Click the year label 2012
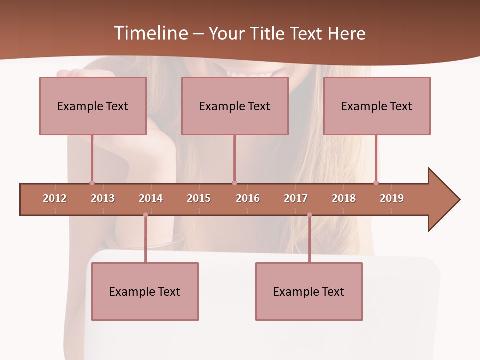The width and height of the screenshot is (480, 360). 55,198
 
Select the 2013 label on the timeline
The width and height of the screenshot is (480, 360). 103,198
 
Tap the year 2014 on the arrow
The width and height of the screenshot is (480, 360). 151,198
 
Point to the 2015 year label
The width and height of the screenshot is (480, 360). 199,198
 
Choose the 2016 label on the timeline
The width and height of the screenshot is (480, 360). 248,198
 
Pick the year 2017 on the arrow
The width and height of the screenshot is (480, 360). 296,198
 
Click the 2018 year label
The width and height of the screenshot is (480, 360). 344,198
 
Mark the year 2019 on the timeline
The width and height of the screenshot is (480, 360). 392,198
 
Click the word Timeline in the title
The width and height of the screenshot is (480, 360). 150,33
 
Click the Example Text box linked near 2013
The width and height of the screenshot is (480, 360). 93,106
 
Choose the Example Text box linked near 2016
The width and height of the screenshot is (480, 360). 235,106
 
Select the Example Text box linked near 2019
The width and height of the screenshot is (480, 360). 377,106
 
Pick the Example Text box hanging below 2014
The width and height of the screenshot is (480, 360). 145,291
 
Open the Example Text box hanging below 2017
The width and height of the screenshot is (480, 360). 309,291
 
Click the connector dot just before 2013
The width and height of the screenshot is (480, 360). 92,183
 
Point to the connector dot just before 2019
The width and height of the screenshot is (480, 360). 376,183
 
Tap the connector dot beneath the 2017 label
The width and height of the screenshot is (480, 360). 309,215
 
